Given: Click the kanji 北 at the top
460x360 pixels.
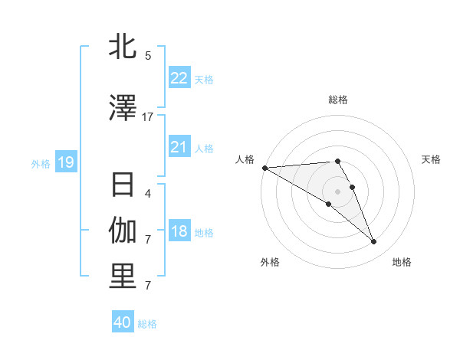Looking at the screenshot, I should [x=123, y=47].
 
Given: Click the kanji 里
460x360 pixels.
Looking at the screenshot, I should [x=123, y=277].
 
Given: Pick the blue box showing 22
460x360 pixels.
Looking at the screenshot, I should [x=179, y=78].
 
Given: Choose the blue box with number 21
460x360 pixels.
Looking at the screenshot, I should [x=179, y=147].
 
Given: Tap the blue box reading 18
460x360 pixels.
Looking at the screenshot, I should [x=179, y=232].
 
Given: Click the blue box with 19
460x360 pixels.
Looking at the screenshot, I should [x=65, y=162].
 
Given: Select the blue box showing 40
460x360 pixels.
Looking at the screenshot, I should [x=123, y=322].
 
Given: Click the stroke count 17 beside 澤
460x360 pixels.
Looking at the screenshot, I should [x=148, y=116].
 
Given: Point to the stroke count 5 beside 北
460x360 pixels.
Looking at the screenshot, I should [x=148, y=55].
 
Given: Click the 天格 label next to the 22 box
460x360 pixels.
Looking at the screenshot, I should [x=204, y=79].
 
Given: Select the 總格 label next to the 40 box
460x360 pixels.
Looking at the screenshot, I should [x=147, y=323].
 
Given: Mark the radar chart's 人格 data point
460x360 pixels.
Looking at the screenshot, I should [x=264, y=168].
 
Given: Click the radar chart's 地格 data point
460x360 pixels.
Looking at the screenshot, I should [x=373, y=242].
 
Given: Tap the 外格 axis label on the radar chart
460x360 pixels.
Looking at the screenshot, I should [x=270, y=262].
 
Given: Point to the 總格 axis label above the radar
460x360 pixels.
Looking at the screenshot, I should [x=337, y=100].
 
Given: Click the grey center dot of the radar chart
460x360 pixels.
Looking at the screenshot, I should [x=337, y=191].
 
